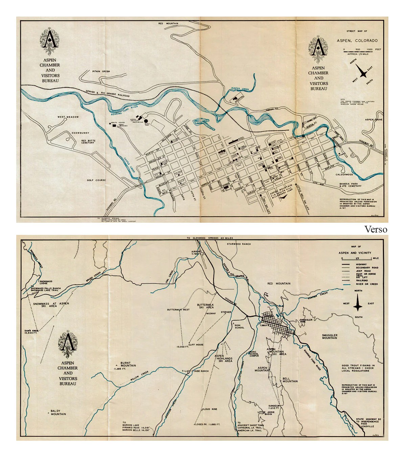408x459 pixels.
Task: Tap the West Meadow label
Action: click(x=68, y=117)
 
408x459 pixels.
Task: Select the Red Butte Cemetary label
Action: click(x=88, y=141)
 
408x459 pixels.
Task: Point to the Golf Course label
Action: click(x=96, y=180)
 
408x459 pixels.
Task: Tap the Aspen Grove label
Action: click(x=373, y=120)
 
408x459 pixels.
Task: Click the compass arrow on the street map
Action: click(x=363, y=73)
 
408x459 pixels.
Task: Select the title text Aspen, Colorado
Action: click(x=357, y=41)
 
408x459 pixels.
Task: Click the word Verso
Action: click(x=376, y=230)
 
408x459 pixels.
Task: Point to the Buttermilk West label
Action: click(x=178, y=310)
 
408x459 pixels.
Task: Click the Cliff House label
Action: click(x=197, y=345)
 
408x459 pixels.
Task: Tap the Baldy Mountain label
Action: click(x=59, y=412)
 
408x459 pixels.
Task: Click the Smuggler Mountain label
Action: click(x=330, y=336)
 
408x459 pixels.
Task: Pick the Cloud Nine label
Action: click(x=210, y=409)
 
